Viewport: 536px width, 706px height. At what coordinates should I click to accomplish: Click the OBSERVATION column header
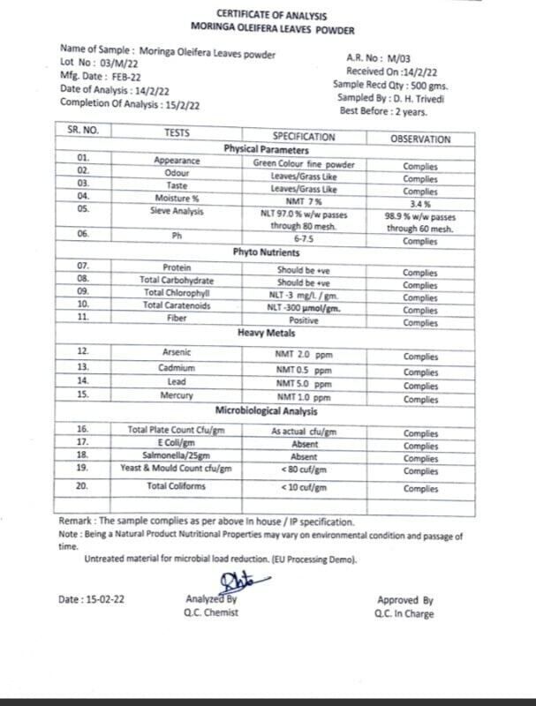tap(419, 139)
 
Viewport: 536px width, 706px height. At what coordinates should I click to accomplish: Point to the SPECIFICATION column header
tap(303, 137)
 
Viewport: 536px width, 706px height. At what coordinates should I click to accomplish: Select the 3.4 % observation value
tap(419, 204)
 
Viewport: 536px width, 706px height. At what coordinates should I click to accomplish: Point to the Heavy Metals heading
tap(265, 334)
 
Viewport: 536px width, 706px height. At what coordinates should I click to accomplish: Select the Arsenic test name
tap(177, 352)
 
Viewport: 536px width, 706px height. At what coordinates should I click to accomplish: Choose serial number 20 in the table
tap(82, 486)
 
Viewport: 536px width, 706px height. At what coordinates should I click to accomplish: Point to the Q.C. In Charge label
tap(404, 614)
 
